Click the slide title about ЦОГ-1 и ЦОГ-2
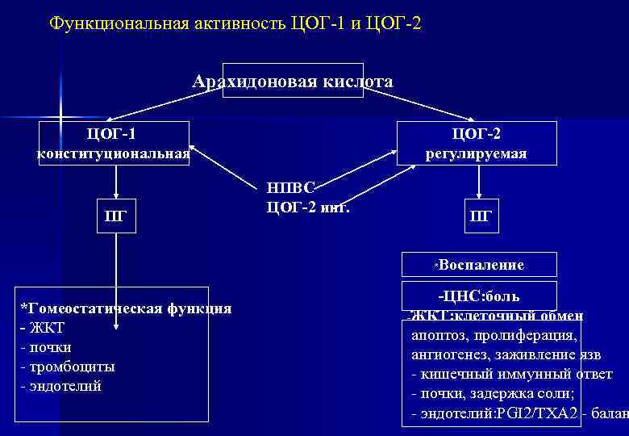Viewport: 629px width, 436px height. (235, 23)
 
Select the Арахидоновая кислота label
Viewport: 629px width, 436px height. (293, 82)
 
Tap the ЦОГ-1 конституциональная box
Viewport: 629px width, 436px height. (115, 143)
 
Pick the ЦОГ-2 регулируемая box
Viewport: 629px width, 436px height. (476, 143)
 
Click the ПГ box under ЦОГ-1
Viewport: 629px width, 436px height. (115, 216)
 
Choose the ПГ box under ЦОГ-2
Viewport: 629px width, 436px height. (480, 216)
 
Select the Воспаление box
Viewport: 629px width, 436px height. (481, 265)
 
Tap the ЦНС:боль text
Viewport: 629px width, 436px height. (483, 296)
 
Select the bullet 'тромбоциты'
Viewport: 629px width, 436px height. (69, 367)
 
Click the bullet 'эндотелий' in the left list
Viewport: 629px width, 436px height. (63, 386)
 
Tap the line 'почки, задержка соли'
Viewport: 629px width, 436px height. (492, 394)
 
